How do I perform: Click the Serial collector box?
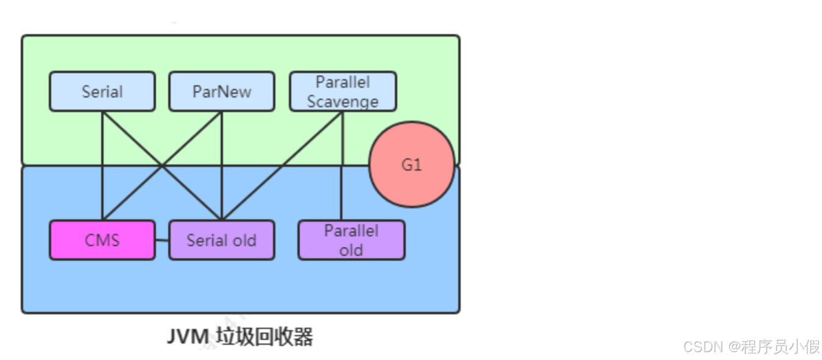(x=102, y=91)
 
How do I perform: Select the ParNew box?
(x=221, y=91)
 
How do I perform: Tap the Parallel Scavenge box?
(x=342, y=91)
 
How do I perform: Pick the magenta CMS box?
(x=102, y=240)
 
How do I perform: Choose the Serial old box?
(x=221, y=240)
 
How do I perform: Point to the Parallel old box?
(x=351, y=240)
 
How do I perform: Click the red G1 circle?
(x=412, y=164)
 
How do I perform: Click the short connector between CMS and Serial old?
(x=161, y=240)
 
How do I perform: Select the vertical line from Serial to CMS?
(x=102, y=183)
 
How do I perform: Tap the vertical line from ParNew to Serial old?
(x=222, y=183)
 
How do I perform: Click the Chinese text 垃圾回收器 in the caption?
(x=265, y=337)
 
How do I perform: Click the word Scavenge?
(x=342, y=101)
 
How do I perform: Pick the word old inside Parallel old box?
(x=351, y=250)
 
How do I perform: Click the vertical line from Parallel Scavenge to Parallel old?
(x=342, y=183)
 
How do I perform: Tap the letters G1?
(x=412, y=164)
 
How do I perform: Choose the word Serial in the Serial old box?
(x=207, y=240)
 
